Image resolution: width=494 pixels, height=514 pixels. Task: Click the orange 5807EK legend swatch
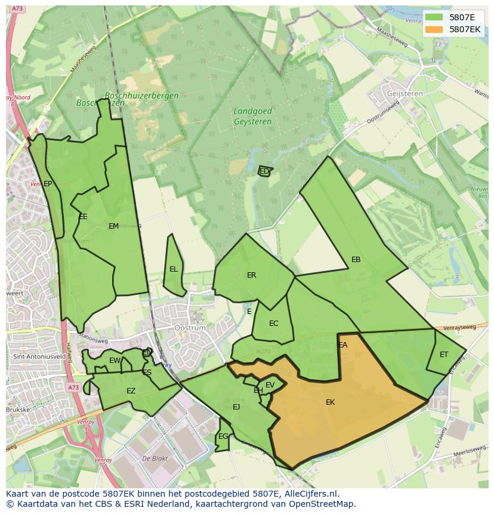(434, 29)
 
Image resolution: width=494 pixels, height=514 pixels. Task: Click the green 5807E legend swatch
(434, 17)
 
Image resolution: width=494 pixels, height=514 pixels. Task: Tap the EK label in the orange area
(330, 402)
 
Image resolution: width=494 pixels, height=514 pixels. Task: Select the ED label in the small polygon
(264, 171)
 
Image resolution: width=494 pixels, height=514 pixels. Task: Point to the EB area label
(356, 260)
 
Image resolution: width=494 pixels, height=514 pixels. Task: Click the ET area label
(444, 355)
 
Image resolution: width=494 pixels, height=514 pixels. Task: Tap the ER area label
(251, 275)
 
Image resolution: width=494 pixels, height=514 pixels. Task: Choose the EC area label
(273, 324)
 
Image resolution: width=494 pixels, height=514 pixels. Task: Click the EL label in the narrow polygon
(173, 269)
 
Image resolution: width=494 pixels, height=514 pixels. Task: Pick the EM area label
(113, 226)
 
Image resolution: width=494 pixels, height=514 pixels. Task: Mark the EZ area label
(131, 392)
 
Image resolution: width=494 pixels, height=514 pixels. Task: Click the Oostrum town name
(190, 328)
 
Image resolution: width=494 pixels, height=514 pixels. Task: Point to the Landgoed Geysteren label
(252, 116)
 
